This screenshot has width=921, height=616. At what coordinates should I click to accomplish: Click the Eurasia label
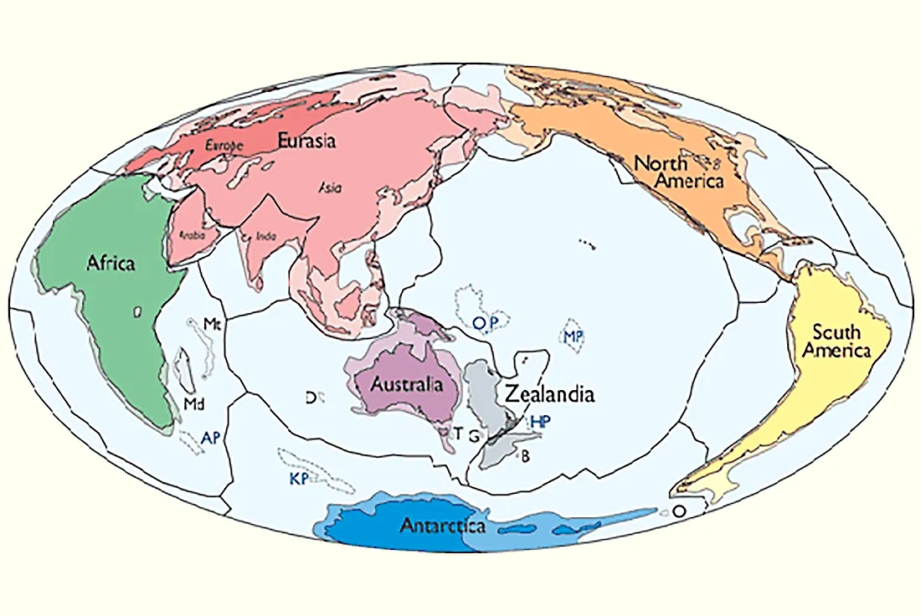click(307, 141)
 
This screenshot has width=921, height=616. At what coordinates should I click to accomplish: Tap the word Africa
click(111, 263)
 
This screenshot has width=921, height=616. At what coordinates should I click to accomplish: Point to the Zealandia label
click(548, 393)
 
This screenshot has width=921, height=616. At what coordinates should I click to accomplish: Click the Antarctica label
click(443, 526)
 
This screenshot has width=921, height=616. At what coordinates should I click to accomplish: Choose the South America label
click(836, 341)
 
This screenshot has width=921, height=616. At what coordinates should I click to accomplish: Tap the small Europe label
click(224, 145)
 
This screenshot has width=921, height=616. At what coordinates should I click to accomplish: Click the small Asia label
click(329, 188)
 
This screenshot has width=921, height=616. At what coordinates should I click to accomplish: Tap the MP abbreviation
click(573, 336)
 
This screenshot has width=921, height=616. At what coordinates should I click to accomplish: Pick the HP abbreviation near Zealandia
click(540, 421)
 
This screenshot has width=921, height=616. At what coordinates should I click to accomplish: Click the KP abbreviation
click(298, 478)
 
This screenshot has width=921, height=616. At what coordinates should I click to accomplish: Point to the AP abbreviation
click(211, 437)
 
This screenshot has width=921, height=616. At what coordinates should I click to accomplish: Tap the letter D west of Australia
click(310, 398)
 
